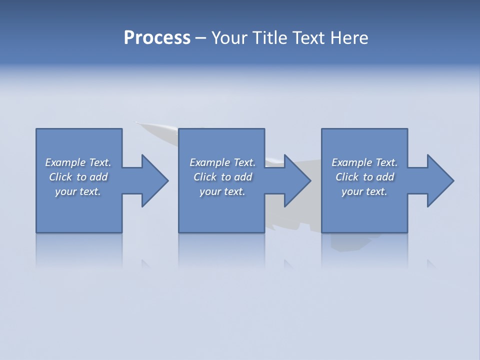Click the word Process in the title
[x=157, y=38]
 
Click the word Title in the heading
[x=269, y=38]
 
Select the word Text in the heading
[x=309, y=38]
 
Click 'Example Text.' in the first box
[x=78, y=162]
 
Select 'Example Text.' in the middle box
[x=222, y=162]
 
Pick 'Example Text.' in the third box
[x=364, y=162]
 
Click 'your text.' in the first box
[x=78, y=191]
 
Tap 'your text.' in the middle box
[x=222, y=191]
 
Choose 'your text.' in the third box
[x=364, y=191]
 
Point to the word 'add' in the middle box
[x=243, y=177]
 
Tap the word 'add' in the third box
[x=385, y=177]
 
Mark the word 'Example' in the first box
[x=65, y=162]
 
